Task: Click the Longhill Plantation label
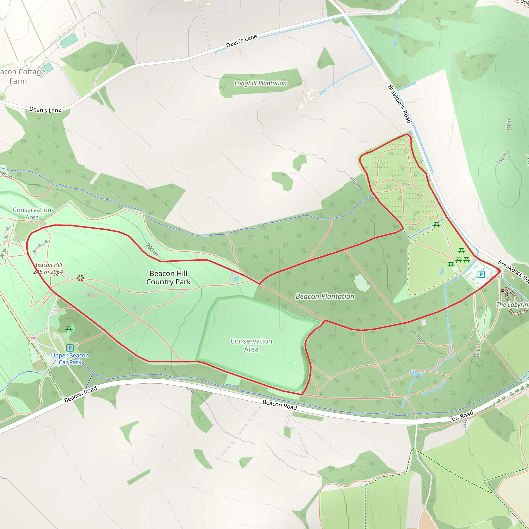pos(260,83)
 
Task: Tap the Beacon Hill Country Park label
pos(168,278)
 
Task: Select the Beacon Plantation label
pos(325,297)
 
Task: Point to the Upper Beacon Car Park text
pos(70,359)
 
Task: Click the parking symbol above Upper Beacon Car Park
pos(70,348)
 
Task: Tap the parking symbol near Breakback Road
pos(481,274)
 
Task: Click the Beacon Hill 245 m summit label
pos(48,268)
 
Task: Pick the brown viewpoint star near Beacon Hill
pos(80,278)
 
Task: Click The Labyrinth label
pos(512,305)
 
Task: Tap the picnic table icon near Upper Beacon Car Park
pos(69,329)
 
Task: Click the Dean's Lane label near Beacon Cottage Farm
pos(45,110)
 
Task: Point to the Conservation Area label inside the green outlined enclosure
pos(251,345)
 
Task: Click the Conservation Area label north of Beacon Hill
pos(32,214)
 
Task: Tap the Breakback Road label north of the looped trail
pos(400,104)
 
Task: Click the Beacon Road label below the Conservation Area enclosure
pos(279,405)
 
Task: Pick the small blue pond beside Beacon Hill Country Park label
pos(236,279)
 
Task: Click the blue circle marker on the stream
pos(412,373)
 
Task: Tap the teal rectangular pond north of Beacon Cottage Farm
pos(69,41)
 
